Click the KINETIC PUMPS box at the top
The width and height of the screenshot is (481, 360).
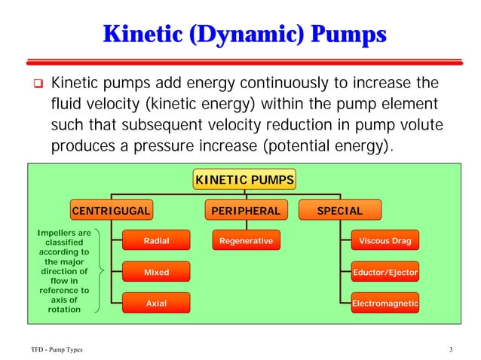pyautogui.click(x=244, y=180)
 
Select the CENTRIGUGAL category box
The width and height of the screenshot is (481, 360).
pyautogui.click(x=111, y=211)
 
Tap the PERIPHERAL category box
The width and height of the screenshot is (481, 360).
pyautogui.click(x=245, y=211)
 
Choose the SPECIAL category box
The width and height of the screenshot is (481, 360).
pyautogui.click(x=339, y=211)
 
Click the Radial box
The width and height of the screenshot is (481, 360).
pyautogui.click(x=156, y=241)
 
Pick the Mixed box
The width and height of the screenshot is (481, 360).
pyautogui.click(x=156, y=272)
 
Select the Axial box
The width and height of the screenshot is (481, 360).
pyautogui.click(x=156, y=303)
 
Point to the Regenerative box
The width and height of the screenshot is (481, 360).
pyautogui.click(x=245, y=241)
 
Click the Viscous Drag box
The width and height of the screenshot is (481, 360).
pyautogui.click(x=384, y=241)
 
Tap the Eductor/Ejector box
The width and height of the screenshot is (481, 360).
pyautogui.click(x=384, y=272)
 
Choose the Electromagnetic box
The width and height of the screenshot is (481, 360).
pyautogui.click(x=384, y=303)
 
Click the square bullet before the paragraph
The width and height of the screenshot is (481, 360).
pyautogui.click(x=35, y=81)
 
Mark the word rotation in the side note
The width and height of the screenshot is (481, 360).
pyautogui.click(x=64, y=310)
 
